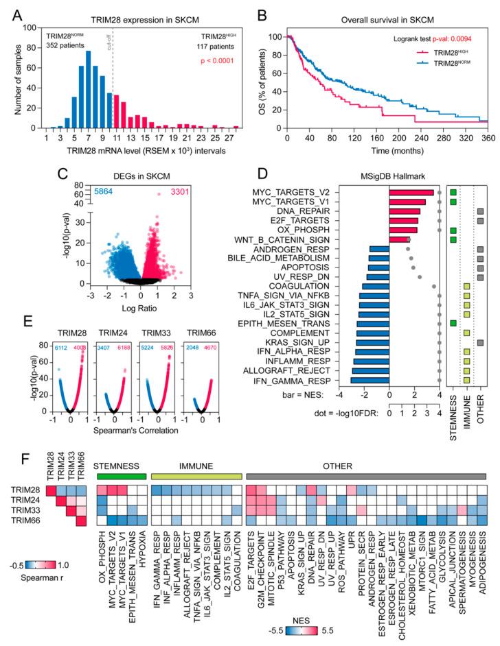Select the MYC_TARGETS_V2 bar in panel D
click(411, 193)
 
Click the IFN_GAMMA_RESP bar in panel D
click(370, 379)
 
